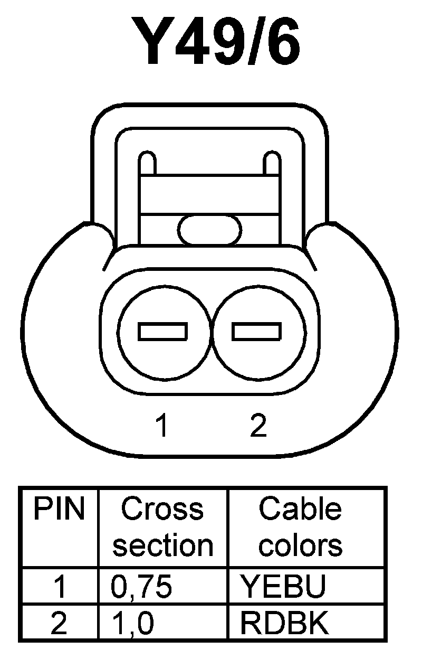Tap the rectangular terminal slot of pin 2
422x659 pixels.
click(x=257, y=331)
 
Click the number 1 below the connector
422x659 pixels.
click(x=163, y=426)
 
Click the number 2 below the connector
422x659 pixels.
click(x=258, y=426)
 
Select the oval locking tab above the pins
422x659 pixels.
click(x=210, y=230)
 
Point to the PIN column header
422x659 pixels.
click(x=59, y=510)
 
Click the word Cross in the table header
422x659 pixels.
click(x=162, y=509)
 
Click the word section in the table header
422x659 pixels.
click(x=163, y=545)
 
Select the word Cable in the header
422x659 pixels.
click(x=300, y=509)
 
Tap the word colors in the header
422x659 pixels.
click(x=300, y=545)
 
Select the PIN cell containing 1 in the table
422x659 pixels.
click(x=60, y=586)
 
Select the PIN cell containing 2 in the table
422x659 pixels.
click(x=59, y=623)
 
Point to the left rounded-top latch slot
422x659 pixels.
click(x=147, y=164)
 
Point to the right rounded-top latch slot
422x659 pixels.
click(x=272, y=164)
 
